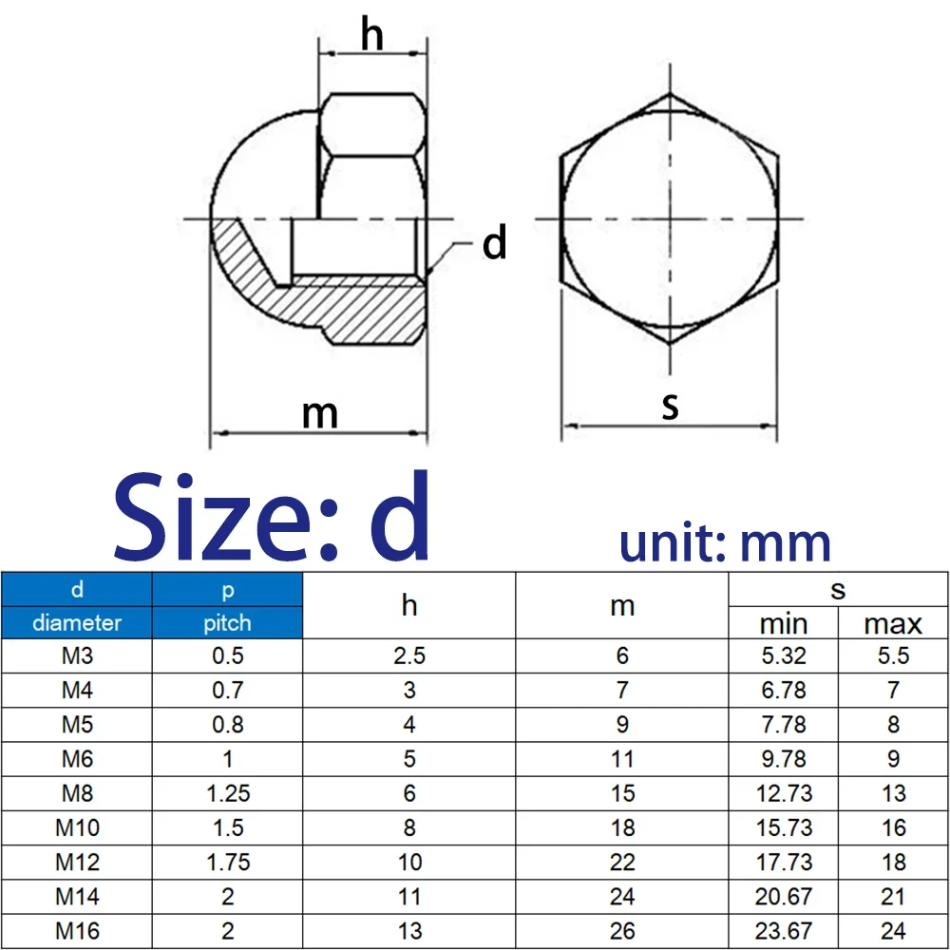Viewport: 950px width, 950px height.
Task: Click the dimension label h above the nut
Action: tap(371, 36)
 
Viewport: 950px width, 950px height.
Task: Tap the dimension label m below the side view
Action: tap(320, 413)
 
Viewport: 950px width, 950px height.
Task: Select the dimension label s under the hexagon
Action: tap(671, 407)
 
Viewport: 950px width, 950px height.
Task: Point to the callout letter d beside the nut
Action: tap(494, 244)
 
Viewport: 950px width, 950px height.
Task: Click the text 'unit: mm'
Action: tap(725, 543)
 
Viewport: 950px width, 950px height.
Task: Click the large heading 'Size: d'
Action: tap(273, 519)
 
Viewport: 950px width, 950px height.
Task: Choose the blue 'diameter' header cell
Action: tap(77, 622)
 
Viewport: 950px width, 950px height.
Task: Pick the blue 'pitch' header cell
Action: tap(227, 622)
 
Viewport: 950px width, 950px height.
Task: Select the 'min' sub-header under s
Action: tap(784, 623)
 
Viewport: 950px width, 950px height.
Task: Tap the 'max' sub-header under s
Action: tap(893, 623)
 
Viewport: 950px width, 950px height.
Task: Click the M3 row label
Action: tap(77, 655)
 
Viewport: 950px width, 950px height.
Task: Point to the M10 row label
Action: tap(77, 827)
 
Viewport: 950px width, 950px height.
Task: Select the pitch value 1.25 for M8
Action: tap(227, 793)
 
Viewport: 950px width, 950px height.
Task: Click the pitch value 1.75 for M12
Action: tap(227, 862)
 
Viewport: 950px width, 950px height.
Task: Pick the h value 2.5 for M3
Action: tap(409, 655)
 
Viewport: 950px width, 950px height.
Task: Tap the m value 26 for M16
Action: tap(622, 930)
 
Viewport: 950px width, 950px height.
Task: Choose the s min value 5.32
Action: tap(784, 655)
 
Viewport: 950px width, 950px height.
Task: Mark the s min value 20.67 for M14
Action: tap(784, 896)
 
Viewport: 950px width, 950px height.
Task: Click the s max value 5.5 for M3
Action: tap(893, 655)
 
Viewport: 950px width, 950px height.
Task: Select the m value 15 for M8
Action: tap(622, 793)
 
